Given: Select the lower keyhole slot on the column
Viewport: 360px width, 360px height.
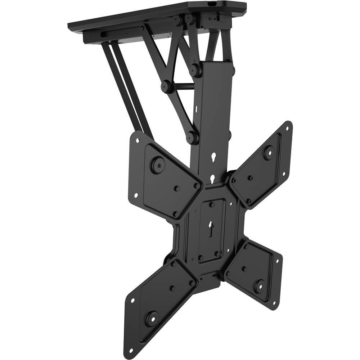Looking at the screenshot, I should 212,178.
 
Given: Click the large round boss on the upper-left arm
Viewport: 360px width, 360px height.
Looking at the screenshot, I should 157,165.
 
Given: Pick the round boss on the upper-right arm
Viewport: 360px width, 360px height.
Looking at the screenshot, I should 269,152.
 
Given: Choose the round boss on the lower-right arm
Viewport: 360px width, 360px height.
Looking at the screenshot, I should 258,286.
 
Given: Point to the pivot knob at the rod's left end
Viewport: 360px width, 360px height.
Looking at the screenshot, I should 166,86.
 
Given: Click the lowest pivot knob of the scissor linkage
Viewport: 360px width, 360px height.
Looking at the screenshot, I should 192,137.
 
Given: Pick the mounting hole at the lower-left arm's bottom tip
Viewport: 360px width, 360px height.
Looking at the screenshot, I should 130,350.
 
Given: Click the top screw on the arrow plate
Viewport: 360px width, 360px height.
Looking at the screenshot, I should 213,204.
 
